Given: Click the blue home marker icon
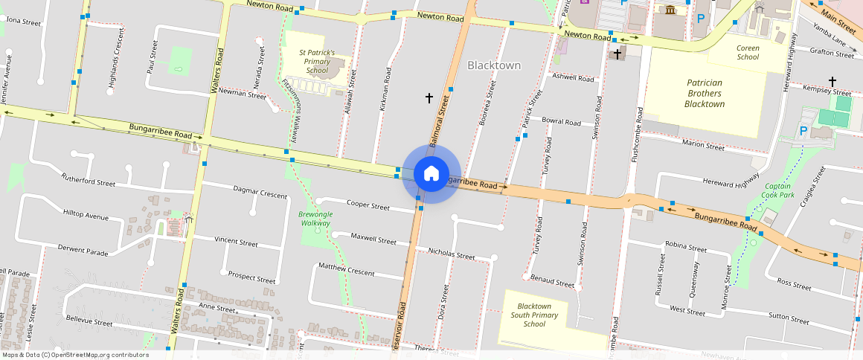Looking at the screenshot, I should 431,174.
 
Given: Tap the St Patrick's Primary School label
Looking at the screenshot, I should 317,61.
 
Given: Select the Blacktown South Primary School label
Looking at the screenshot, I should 534,315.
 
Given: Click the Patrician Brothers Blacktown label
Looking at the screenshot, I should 704,94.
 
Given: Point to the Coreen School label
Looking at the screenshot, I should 748,52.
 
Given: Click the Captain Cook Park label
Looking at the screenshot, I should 778,190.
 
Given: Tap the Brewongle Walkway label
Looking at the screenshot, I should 315,219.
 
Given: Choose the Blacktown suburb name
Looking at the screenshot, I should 494,65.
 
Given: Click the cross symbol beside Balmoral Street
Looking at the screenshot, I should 429,97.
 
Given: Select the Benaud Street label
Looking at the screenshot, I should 553,281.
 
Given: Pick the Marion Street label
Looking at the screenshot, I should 703,147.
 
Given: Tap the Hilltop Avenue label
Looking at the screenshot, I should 86,216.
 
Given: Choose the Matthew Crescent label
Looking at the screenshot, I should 347,269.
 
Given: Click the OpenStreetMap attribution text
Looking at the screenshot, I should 75,355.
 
